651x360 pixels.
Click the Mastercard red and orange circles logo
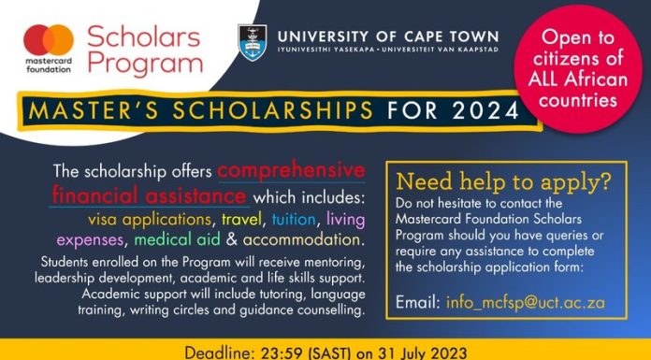click(49, 40)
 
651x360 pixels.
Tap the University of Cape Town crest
click(252, 43)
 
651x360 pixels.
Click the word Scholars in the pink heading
click(144, 36)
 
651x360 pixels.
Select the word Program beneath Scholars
click(145, 64)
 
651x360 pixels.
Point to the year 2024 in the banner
click(485, 111)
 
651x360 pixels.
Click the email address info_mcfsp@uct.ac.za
click(526, 302)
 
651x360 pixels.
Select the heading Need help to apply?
click(503, 181)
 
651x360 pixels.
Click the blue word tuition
click(294, 219)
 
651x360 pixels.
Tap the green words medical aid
click(178, 240)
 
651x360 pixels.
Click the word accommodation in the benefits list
click(301, 240)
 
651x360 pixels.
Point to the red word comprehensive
click(292, 171)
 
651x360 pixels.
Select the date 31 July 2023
click(422, 353)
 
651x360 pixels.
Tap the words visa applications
click(150, 220)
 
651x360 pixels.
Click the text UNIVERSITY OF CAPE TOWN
click(388, 36)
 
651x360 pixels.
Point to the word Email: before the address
click(418, 302)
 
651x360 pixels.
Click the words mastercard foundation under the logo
click(49, 65)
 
